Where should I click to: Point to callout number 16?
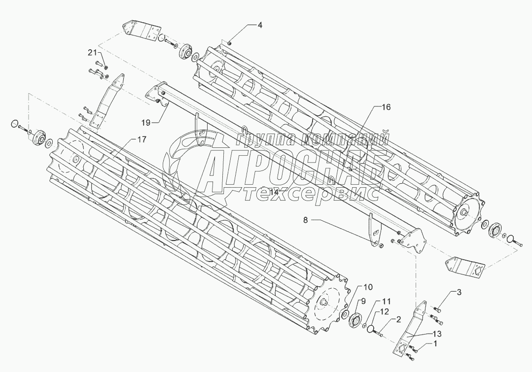(386, 107)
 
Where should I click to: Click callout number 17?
(142, 140)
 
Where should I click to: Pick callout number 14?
(274, 193)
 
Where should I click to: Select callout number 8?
(305, 221)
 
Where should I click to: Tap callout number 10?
(369, 287)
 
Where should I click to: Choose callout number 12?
(384, 311)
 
